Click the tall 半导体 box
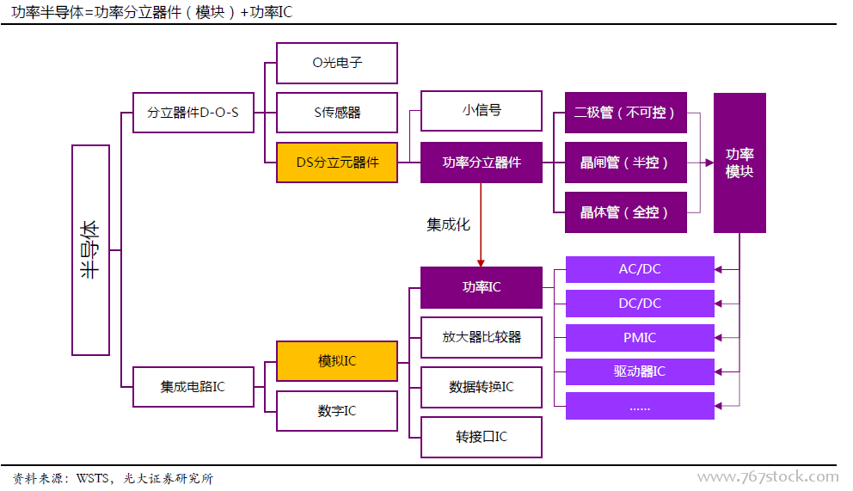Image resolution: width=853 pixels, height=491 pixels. click(90, 250)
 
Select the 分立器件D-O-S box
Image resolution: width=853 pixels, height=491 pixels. click(193, 113)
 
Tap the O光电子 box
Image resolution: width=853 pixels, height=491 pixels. click(337, 63)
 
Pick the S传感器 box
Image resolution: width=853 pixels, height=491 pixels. click(337, 113)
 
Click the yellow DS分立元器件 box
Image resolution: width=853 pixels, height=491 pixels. click(337, 163)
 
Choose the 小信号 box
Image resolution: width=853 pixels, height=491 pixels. click(482, 110)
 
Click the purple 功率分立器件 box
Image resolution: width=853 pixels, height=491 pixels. click(482, 163)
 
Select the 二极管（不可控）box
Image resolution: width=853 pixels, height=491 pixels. click(626, 113)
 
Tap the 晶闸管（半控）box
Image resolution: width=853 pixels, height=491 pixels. click(626, 163)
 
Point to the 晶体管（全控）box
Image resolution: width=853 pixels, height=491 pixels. click(626, 212)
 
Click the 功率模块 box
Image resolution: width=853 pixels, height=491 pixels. click(739, 163)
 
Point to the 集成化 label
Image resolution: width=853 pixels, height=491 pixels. click(448, 225)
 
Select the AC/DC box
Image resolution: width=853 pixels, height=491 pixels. click(640, 269)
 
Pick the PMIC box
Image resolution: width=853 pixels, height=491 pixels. click(640, 338)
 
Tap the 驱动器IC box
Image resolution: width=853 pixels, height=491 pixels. click(640, 371)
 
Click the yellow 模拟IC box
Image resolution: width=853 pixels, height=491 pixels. click(337, 361)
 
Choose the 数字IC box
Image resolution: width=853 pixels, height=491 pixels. click(337, 411)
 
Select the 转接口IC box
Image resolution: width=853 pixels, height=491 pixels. click(482, 437)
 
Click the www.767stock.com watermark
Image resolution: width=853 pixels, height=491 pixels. click(767, 477)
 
